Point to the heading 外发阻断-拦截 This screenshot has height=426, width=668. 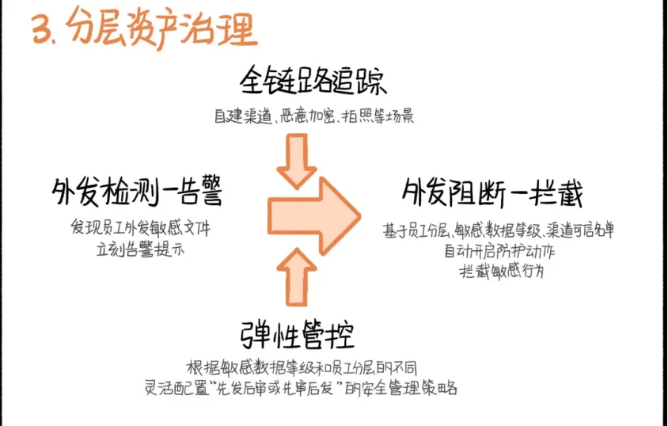[x=491, y=192]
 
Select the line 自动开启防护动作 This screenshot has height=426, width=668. [x=499, y=251]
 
